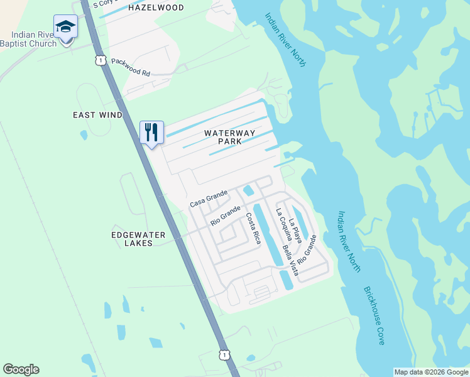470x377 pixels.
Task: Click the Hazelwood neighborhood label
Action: [156, 8]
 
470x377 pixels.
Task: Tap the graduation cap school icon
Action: [65, 26]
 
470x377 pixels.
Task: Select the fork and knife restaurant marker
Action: [151, 132]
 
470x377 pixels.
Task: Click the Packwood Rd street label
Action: [131, 67]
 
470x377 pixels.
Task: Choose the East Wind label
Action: [97, 115]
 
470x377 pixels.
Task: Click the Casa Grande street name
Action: [208, 199]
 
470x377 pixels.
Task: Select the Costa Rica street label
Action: [253, 228]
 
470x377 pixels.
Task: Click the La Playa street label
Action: [295, 230]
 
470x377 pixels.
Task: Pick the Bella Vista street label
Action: [289, 259]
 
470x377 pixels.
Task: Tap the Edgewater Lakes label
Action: [138, 239]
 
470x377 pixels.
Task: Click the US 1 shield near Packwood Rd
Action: [100, 60]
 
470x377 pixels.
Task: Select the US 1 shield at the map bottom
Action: [224, 354]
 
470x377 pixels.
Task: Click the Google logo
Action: [21, 369]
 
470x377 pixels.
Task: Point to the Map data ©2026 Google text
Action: [430, 372]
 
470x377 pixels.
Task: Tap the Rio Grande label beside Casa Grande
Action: [226, 216]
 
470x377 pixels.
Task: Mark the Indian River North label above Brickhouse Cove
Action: [349, 241]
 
